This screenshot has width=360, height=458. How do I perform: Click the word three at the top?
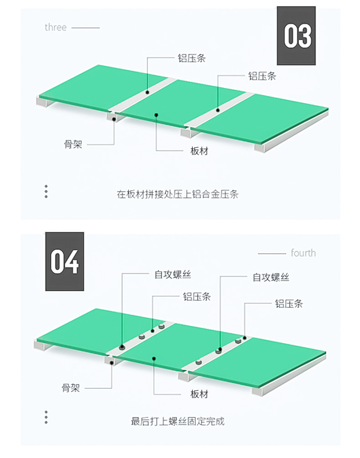coord(56,27)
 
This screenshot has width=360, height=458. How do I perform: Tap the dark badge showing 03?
coord(297,36)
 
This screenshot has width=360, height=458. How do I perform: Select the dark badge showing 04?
coord(64,261)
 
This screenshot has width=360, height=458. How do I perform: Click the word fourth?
coord(303,253)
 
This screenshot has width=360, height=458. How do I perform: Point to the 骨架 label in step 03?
coord(73,145)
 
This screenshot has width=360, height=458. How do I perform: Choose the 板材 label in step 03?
coord(199,151)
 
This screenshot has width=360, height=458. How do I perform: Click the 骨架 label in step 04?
coord(71,388)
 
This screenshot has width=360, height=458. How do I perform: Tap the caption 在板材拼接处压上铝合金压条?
coord(178,194)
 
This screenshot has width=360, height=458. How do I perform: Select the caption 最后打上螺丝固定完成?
coord(178,422)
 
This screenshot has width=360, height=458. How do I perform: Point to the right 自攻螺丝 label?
coord(271,277)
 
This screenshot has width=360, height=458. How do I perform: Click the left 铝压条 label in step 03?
coord(191,58)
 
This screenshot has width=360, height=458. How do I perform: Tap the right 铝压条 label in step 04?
coord(288,303)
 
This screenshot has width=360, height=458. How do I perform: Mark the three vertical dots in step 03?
coord(46,191)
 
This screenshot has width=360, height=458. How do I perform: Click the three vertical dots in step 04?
coord(46,417)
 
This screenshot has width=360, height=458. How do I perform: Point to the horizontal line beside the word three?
coord(86,28)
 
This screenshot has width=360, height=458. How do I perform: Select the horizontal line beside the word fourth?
coord(272,254)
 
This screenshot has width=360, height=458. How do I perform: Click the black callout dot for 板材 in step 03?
coord(156,115)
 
